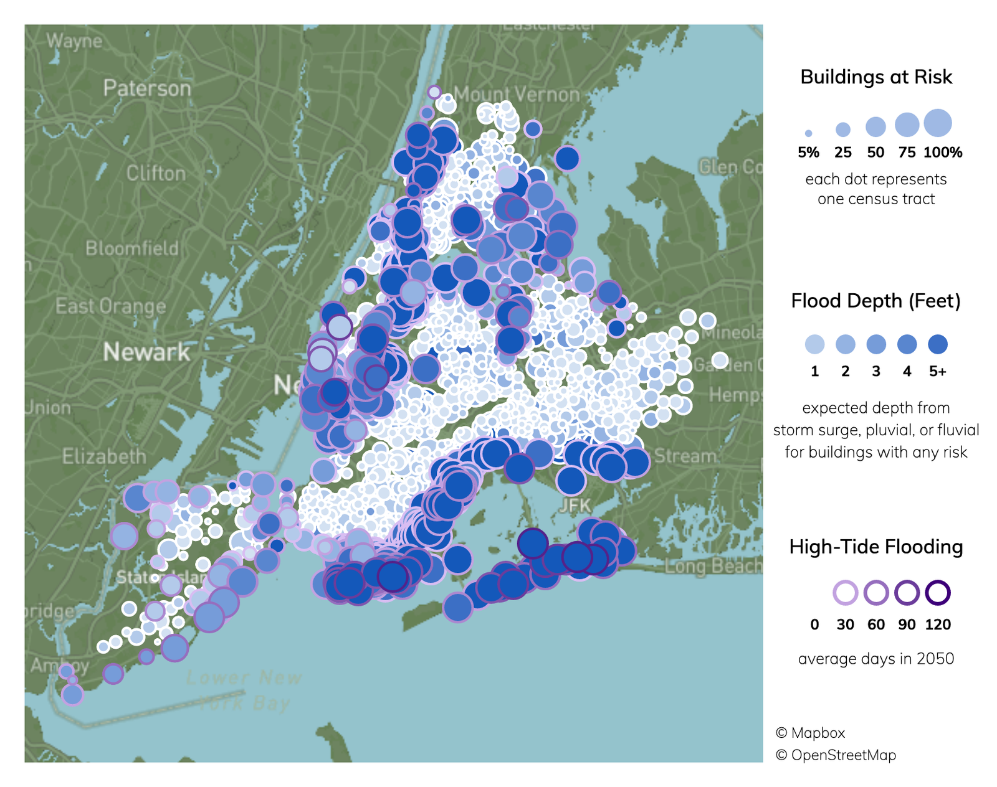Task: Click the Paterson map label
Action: point(147,88)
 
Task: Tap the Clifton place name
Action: point(156,173)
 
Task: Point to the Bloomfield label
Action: point(132,248)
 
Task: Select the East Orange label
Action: point(111,306)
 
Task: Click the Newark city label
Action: point(146,352)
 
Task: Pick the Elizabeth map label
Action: point(104,456)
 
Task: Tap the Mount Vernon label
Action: point(517,95)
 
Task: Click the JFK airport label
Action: point(575,505)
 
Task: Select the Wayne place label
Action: point(74,41)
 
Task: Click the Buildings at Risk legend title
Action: point(876,77)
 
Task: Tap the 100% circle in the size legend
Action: point(938,123)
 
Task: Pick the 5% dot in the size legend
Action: point(808,133)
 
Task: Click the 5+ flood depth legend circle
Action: point(938,344)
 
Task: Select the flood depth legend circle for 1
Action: point(814,344)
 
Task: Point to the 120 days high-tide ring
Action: point(938,593)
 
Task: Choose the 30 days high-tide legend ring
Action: point(845,593)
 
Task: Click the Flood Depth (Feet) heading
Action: point(876,301)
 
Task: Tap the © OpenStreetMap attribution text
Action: point(836,755)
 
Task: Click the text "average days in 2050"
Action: point(876,659)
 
